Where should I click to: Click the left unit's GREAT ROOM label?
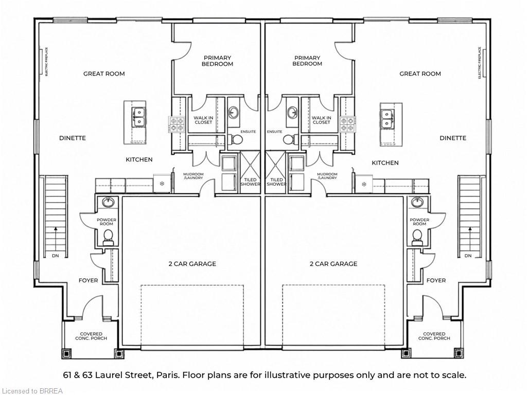104,74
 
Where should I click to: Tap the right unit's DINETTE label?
453,138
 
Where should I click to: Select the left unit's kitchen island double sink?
138,117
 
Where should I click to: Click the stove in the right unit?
347,124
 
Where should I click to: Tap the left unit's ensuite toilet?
237,139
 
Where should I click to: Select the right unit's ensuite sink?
292,112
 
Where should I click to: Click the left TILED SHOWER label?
251,182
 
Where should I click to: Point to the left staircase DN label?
56,256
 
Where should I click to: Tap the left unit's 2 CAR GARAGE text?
192,264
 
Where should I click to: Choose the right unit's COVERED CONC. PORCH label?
434,336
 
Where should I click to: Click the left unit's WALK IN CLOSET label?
203,120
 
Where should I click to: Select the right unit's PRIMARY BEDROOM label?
307,61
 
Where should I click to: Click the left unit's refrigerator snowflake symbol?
162,184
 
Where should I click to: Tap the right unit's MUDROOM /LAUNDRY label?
327,176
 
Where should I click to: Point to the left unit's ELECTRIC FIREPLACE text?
46,62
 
